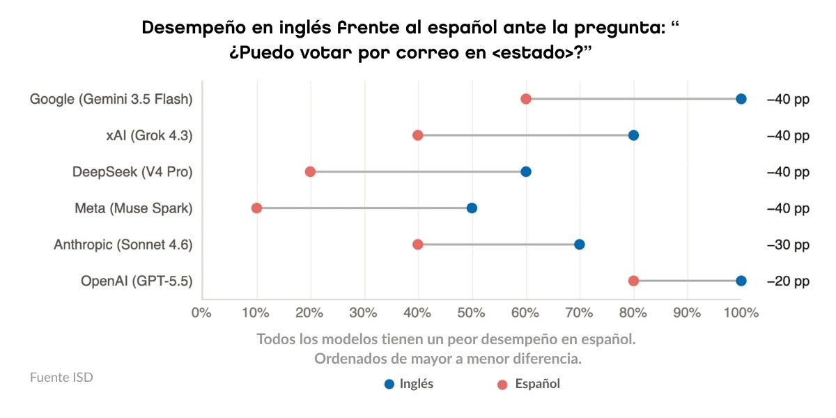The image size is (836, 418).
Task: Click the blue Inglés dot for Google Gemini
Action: pos(741,99)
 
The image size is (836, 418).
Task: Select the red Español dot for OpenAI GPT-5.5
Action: pos(633,281)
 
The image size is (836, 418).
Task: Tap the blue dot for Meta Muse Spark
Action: pos(472,208)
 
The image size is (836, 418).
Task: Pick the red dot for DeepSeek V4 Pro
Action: pos(310,171)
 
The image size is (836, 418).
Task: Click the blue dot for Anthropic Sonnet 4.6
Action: pos(579,245)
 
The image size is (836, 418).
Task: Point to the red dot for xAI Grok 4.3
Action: pos(417,135)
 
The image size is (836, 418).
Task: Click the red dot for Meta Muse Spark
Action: pos(256,208)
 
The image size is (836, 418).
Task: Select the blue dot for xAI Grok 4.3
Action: pos(633,135)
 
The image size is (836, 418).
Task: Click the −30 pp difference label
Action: pos(788,245)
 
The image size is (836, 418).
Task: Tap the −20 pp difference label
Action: pos(788,281)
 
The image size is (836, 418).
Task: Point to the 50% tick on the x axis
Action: pos(471,313)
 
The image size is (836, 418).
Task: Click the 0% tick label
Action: pos(201,313)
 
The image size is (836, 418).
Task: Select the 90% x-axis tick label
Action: pos(687,313)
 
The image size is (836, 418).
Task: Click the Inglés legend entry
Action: pos(409,384)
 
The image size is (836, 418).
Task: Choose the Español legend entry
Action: pos(529,384)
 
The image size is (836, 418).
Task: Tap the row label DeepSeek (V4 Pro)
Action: pos(132,172)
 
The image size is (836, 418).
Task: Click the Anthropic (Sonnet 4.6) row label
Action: pos(123,245)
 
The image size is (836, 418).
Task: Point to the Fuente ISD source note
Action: pos(61,378)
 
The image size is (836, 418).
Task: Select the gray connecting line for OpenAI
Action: pos(687,281)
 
